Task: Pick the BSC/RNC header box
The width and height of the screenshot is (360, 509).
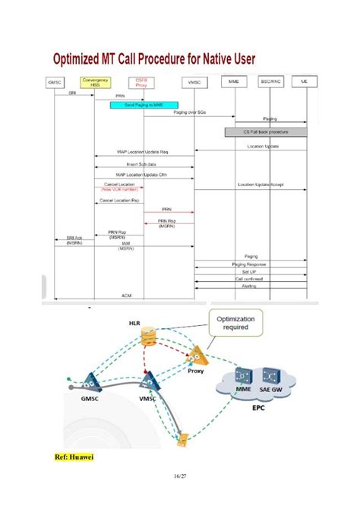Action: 270,80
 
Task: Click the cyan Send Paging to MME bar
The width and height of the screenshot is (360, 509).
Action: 144,104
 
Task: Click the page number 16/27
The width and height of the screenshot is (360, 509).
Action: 179,476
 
